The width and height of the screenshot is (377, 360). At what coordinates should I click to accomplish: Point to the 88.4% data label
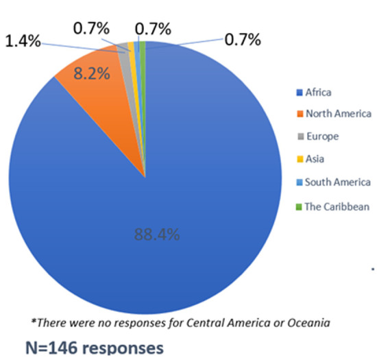157,235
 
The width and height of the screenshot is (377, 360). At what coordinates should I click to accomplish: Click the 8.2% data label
92,73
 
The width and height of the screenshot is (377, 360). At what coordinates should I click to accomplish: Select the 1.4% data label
23,41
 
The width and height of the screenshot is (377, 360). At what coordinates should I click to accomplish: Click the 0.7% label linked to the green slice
243,40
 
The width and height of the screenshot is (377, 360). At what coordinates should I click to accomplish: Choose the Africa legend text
318,93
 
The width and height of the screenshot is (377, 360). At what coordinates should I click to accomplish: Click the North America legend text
339,114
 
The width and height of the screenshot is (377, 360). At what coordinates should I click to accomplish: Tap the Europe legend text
323,136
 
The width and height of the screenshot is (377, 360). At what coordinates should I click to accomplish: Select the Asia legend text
315,159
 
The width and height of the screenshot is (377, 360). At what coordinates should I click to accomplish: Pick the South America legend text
338,182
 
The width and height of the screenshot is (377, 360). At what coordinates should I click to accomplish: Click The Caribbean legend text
337,207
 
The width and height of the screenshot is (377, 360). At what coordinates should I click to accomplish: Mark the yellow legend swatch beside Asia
300,159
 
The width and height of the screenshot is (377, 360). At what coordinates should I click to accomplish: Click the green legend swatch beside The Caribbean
299,207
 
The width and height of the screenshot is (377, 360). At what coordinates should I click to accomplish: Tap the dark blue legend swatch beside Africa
300,93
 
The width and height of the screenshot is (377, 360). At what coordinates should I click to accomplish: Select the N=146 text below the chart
51,348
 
